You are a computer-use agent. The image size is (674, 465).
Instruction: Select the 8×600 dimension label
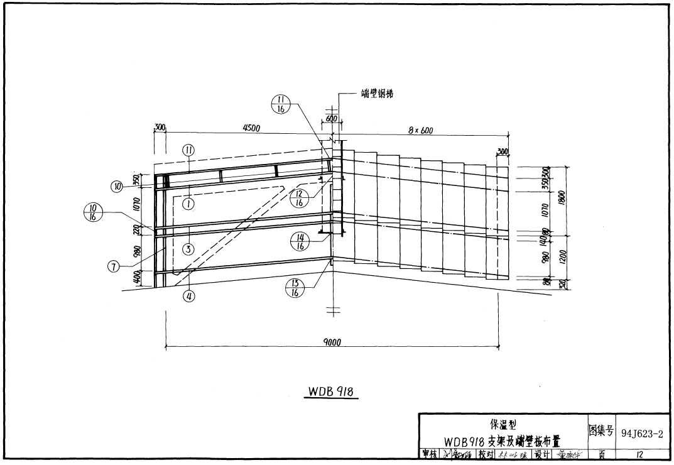[x=420, y=131]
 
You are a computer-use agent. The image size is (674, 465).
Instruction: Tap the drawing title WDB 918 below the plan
[x=332, y=391]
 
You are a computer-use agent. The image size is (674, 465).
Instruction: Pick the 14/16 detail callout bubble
[x=300, y=241]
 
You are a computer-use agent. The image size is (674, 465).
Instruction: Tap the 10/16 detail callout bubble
[x=94, y=212]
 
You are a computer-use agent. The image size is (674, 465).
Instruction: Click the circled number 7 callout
[x=113, y=266]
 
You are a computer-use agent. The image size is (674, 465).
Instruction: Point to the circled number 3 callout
[x=188, y=249]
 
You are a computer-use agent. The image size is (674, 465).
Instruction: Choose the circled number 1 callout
[x=188, y=203]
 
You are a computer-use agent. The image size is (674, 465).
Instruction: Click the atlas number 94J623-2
[x=642, y=433]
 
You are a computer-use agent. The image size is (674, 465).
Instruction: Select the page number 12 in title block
[x=639, y=454]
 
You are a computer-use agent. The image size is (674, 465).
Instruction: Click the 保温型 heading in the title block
[x=503, y=424]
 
